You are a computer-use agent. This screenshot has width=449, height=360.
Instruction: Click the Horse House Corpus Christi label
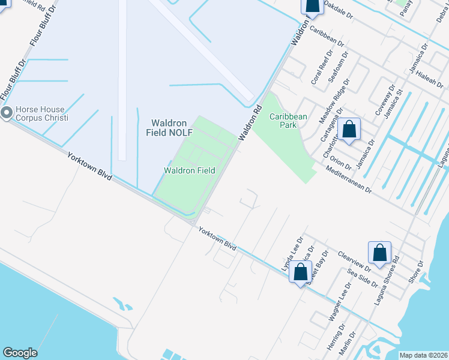[x=41, y=114]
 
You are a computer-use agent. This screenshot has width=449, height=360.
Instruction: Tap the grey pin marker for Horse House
[x=7, y=113]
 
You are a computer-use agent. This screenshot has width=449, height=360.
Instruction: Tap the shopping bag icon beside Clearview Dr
[x=380, y=253]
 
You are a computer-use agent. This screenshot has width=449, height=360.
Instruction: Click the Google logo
[x=20, y=353]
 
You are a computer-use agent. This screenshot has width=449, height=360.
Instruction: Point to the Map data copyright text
[x=423, y=355]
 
